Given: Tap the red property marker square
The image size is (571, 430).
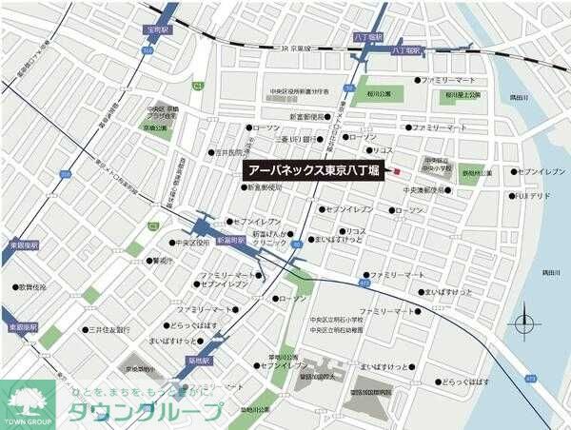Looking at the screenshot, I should (x=397, y=171).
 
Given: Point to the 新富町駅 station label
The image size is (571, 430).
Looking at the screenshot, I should (x=230, y=241).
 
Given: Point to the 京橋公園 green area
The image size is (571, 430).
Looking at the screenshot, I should (x=157, y=127).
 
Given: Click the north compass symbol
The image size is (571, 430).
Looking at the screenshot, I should (x=525, y=324).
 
